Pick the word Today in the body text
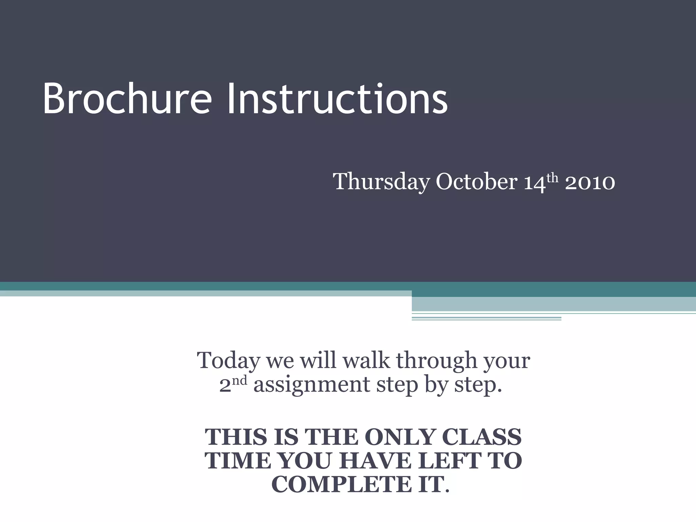(x=228, y=361)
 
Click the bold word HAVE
(x=374, y=461)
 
